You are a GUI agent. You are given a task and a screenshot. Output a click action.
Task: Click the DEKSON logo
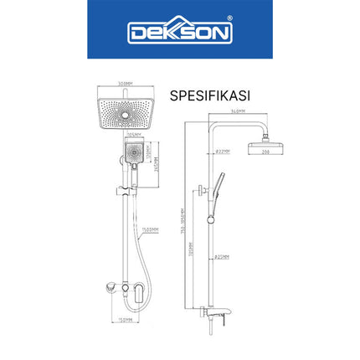(x=178, y=33)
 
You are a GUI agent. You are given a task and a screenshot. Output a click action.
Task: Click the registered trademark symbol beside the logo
(x=231, y=24)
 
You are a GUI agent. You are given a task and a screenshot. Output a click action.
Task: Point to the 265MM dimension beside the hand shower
(x=156, y=166)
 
